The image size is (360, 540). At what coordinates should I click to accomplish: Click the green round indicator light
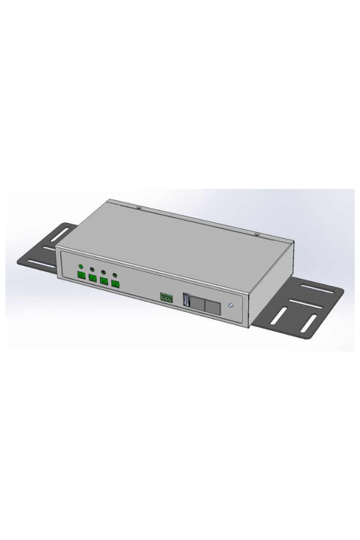coord(81,266)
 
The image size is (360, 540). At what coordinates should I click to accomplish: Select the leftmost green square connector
coord(81,275)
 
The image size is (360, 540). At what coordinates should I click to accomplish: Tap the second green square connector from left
coord(92,278)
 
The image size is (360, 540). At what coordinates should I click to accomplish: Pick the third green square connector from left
coord(104,280)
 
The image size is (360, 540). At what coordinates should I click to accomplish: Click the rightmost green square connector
coord(115,283)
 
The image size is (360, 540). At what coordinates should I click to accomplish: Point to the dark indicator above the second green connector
coord(92,269)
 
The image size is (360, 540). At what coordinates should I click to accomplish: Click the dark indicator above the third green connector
coord(103,272)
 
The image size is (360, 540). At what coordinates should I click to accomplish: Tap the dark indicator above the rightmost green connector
coord(115,274)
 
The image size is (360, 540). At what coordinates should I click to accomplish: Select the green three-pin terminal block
coord(166,297)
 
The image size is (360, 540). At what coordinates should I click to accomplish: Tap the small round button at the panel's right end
coord(232,305)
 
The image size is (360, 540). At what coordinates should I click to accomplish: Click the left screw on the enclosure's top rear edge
coord(139,207)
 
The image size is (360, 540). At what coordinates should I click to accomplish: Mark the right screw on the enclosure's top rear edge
coord(256,234)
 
